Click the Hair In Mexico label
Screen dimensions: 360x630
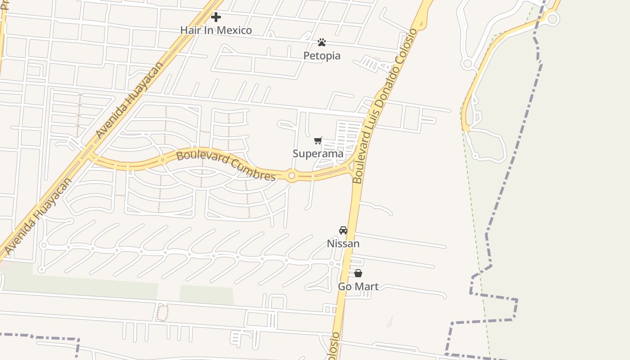click(216, 30)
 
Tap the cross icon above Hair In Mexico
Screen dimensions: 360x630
click(216, 17)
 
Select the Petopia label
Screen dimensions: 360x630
click(322, 55)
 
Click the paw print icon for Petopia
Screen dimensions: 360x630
click(322, 42)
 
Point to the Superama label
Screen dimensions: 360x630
click(318, 153)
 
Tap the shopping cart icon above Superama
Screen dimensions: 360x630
click(318, 140)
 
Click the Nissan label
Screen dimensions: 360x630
click(343, 243)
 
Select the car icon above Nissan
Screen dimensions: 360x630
click(343, 230)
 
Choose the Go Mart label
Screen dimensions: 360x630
click(358, 286)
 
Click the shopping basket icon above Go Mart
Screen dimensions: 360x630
click(358, 273)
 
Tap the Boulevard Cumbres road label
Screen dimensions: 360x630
click(225, 166)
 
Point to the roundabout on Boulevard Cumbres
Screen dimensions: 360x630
click(292, 175)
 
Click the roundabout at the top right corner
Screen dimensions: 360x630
click(553, 19)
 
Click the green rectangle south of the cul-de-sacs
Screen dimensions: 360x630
click(207, 294)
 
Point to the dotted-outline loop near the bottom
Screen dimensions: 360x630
click(162, 312)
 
